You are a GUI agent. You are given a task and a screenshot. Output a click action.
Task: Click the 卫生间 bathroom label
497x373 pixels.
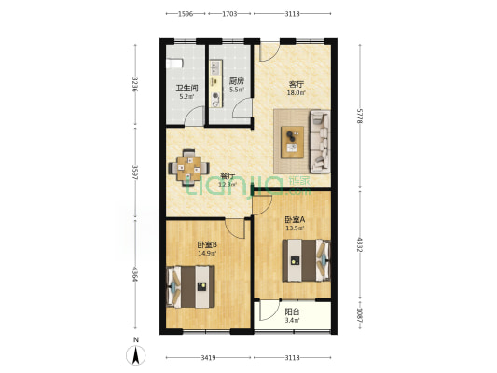pyautogui.click(x=186, y=88)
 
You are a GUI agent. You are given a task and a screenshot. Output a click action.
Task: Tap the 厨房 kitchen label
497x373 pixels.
pyautogui.click(x=236, y=81)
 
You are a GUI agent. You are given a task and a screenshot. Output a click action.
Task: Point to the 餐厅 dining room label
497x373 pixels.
pyautogui.click(x=227, y=175)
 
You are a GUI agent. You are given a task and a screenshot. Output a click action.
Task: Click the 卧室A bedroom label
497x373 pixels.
pyautogui.click(x=296, y=219)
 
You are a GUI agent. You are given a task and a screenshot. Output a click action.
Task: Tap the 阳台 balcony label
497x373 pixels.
pyautogui.click(x=292, y=312)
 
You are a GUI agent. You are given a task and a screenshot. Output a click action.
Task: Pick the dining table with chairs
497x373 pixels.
pyautogui.click(x=191, y=168)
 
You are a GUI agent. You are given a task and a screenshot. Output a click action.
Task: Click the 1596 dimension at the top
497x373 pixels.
pyautogui.click(x=186, y=14)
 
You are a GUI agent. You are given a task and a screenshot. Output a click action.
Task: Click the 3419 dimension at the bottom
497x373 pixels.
pyautogui.click(x=208, y=357)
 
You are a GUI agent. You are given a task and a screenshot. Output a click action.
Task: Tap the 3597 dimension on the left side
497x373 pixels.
pyautogui.click(x=136, y=176)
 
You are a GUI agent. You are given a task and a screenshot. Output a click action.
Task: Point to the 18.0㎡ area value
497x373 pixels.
pyautogui.click(x=296, y=93)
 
